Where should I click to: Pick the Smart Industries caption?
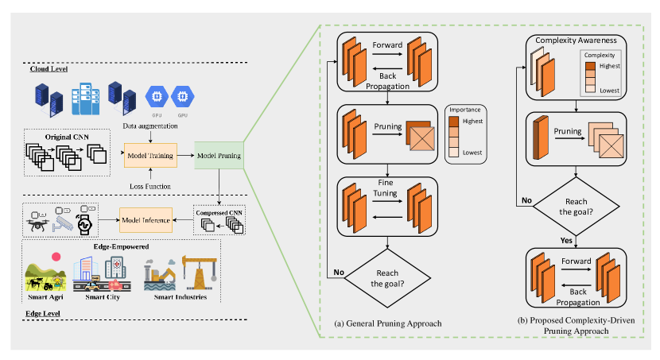(176, 298)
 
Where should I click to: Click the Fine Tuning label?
(387, 188)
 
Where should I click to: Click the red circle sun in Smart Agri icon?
(56, 257)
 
